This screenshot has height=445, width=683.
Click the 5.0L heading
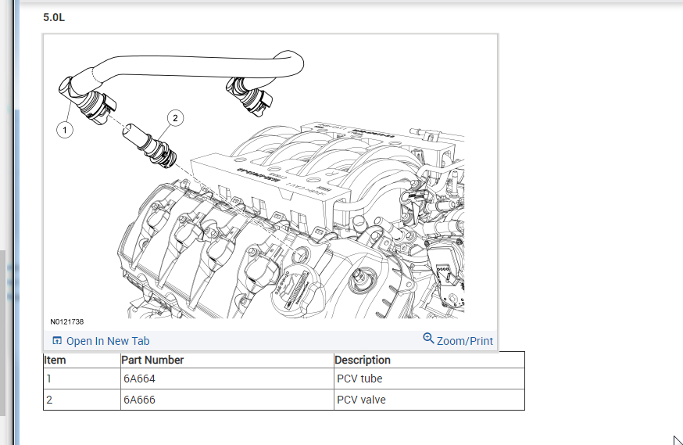tap(54, 16)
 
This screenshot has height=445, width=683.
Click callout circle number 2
tap(175, 118)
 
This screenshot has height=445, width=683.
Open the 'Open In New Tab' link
tap(107, 341)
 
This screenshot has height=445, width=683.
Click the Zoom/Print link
tap(465, 341)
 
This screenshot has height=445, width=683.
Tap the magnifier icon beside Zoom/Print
tap(428, 339)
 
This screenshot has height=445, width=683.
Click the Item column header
tap(55, 361)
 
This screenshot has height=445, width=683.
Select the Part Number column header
tap(153, 361)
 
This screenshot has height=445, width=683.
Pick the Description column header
tap(363, 361)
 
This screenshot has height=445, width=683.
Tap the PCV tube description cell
tap(359, 379)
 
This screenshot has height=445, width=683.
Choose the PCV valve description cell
tap(361, 400)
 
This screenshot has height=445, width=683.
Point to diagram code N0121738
tap(67, 322)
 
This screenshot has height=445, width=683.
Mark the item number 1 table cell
tap(48, 379)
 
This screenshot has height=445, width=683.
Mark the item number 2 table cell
tap(48, 400)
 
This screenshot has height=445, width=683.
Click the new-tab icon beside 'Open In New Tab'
tap(56, 341)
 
